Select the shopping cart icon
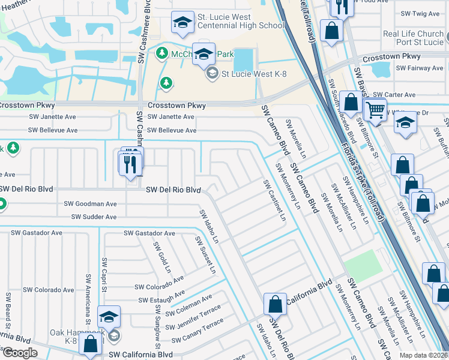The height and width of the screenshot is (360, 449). pos(376,110)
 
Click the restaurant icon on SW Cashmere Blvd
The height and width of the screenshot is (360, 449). pos(131,162)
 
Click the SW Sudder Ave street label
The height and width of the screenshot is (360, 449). pos(94,217)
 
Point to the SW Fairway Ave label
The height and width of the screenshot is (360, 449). pos(421,68)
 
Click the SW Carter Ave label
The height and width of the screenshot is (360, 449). pos(394,95)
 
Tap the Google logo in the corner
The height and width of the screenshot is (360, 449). pos(20,352)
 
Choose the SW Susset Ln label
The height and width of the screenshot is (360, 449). pos(204,253)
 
